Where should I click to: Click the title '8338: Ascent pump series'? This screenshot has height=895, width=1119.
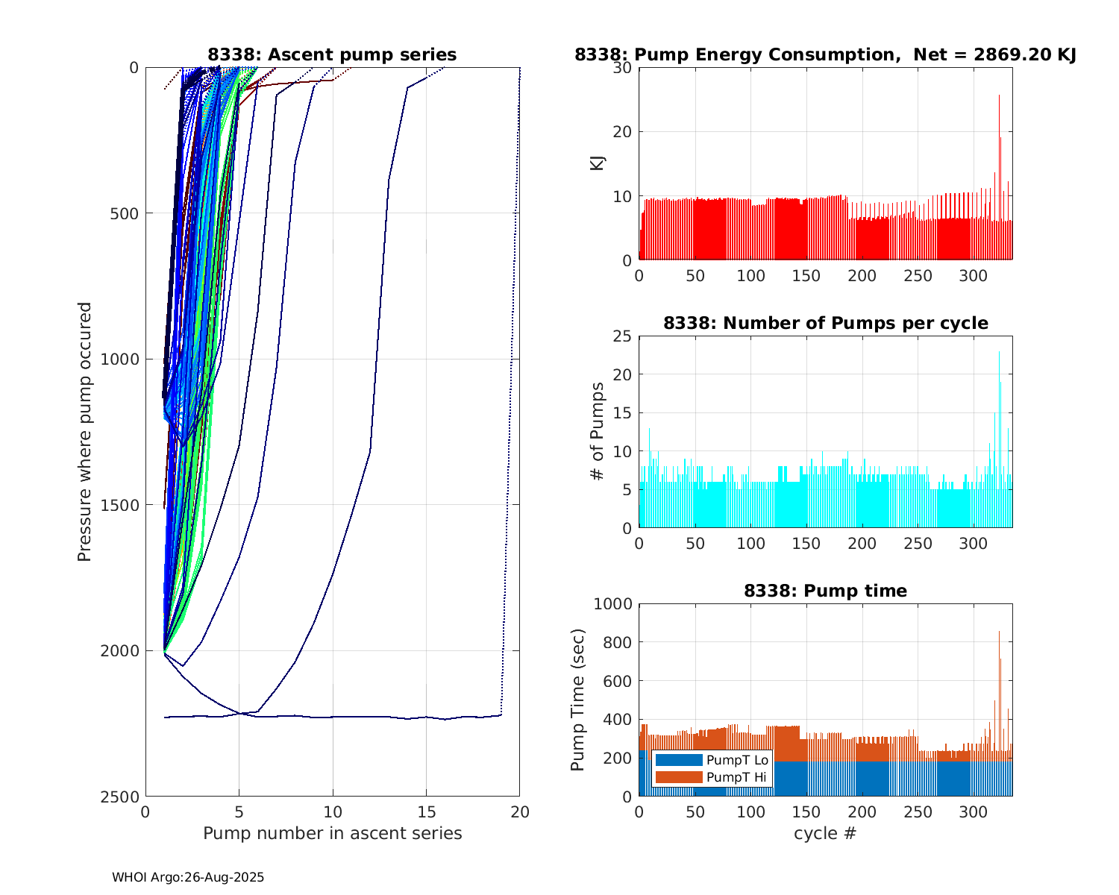[x=332, y=54]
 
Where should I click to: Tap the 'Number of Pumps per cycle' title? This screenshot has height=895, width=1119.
[x=825, y=323]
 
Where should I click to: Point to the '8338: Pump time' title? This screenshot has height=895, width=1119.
[x=825, y=591]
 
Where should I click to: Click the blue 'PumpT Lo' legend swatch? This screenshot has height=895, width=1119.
[x=678, y=760]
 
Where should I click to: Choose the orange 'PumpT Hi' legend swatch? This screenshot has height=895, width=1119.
[x=678, y=777]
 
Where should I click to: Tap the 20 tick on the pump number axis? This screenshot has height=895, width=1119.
[x=520, y=811]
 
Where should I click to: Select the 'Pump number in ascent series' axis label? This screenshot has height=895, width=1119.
[x=332, y=833]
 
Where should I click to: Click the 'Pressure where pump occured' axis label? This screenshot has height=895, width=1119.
[x=84, y=432]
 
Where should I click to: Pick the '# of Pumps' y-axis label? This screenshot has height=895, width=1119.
[x=598, y=432]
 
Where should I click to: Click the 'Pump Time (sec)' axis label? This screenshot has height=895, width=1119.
[x=578, y=700]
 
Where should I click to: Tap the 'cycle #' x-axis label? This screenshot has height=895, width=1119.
[x=825, y=833]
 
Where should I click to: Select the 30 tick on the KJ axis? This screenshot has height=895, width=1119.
[x=624, y=68]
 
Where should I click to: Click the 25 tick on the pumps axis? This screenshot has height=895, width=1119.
[x=624, y=336]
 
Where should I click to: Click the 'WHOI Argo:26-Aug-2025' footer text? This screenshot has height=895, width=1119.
[x=188, y=878]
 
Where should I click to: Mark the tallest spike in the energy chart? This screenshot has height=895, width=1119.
[x=999, y=96]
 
